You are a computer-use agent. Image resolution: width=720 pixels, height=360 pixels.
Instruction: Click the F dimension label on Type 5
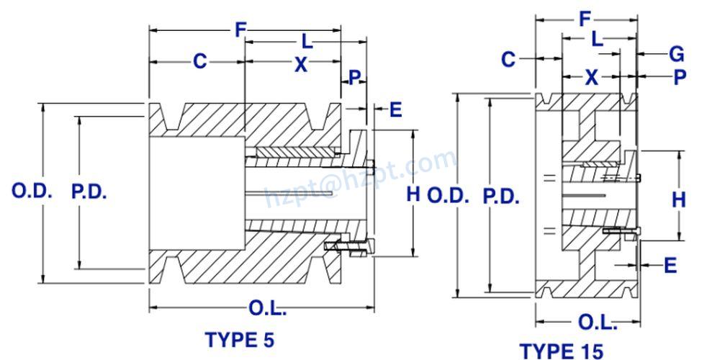pyautogui.click(x=240, y=30)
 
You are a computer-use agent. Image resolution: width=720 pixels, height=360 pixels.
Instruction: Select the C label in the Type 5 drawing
pyautogui.click(x=199, y=62)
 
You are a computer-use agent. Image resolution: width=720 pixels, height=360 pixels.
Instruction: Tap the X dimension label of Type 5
pyautogui.click(x=301, y=65)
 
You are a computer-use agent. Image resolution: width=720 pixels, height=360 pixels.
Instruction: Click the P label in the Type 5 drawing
pyautogui.click(x=354, y=78)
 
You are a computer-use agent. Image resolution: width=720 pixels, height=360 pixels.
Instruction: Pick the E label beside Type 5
pyautogui.click(x=395, y=109)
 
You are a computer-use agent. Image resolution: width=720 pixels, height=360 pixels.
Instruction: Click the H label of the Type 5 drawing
pyautogui.click(x=413, y=193)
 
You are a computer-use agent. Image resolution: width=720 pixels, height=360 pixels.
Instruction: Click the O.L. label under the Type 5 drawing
pyautogui.click(x=268, y=309)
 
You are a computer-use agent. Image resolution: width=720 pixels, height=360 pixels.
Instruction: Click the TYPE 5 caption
pyautogui.click(x=240, y=339)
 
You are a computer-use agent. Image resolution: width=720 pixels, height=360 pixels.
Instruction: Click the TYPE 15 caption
pyautogui.click(x=562, y=351)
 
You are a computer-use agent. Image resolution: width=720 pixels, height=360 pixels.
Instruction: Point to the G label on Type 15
pyautogui.click(x=676, y=54)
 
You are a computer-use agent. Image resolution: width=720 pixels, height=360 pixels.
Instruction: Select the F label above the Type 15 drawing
pyautogui.click(x=586, y=19)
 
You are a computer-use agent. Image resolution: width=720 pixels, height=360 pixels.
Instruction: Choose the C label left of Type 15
pyautogui.click(x=508, y=59)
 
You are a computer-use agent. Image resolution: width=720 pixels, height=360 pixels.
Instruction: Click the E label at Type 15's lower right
pyautogui.click(x=670, y=266)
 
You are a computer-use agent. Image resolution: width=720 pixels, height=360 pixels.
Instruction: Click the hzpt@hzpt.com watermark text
pyautogui.click(x=360, y=177)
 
